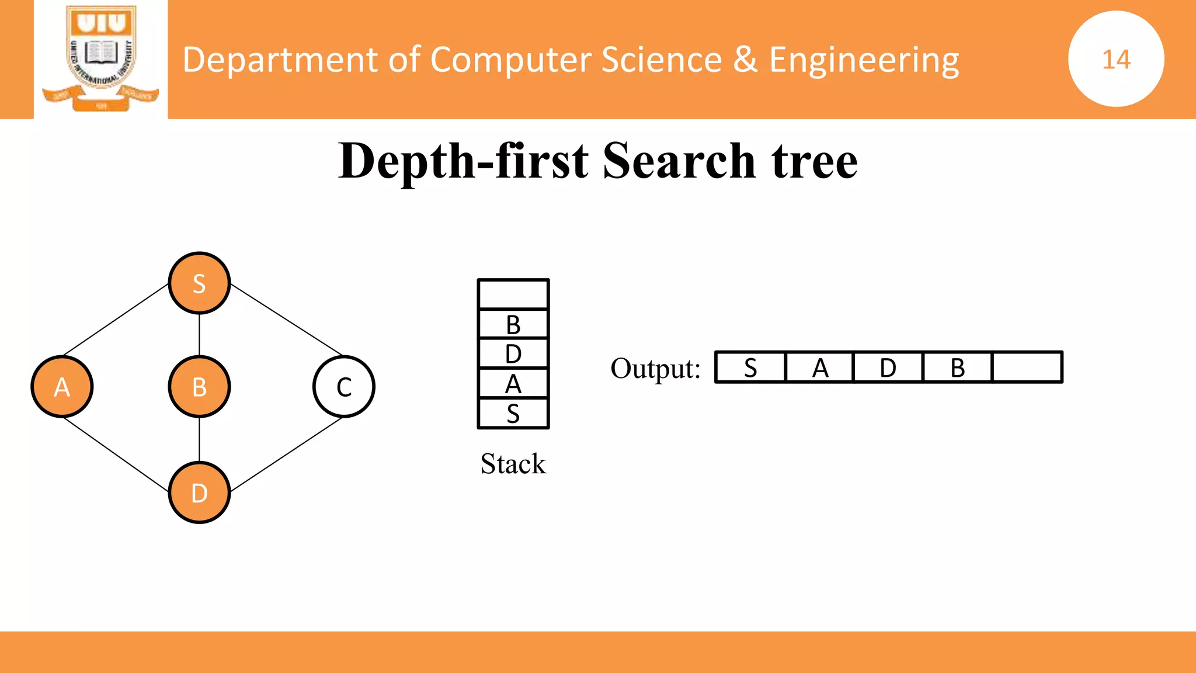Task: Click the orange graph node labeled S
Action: pyautogui.click(x=199, y=283)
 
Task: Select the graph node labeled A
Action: pyautogui.click(x=62, y=387)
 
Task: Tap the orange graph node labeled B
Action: pyautogui.click(x=199, y=387)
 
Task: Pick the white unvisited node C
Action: pyautogui.click(x=344, y=387)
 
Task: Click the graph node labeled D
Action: pyautogui.click(x=199, y=493)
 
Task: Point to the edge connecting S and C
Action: pyautogui.click(x=286, y=320)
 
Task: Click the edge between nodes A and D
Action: pyautogui.click(x=116, y=454)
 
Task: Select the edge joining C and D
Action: pyautogui.click(x=286, y=454)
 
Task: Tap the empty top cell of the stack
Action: pyautogui.click(x=513, y=294)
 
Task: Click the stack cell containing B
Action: pyautogui.click(x=513, y=324)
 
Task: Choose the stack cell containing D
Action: pyautogui.click(x=513, y=354)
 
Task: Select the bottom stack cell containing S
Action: pyautogui.click(x=513, y=414)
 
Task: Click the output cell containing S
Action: pyautogui.click(x=750, y=367)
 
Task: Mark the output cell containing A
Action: pyautogui.click(x=820, y=367)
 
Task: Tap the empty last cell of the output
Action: pyautogui.click(x=1027, y=367)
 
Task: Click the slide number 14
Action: pyautogui.click(x=1116, y=59)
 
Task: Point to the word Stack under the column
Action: pyautogui.click(x=513, y=464)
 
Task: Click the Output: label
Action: pyautogui.click(x=655, y=369)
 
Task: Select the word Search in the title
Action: pyautogui.click(x=679, y=161)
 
